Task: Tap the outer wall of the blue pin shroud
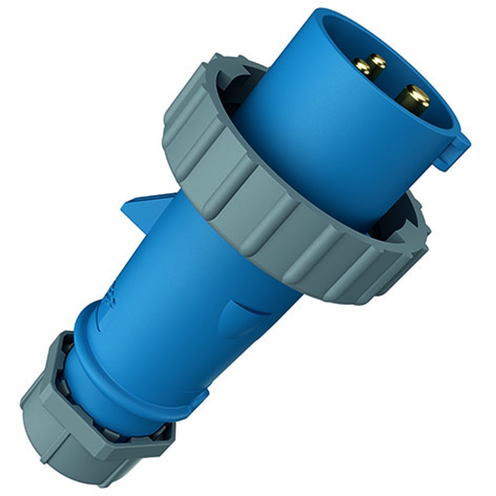point(308,149)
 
